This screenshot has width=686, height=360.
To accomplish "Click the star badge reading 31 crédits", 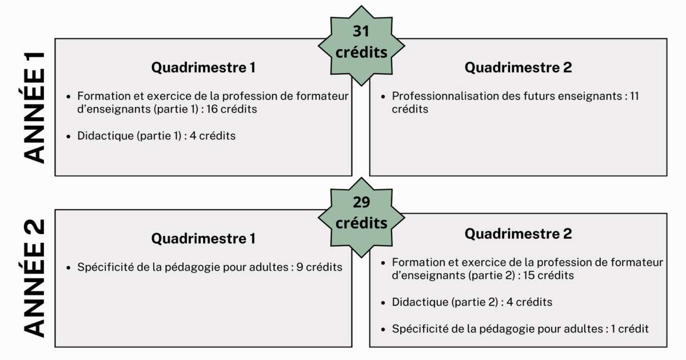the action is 361,46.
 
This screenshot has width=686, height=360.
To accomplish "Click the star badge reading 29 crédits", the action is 361,217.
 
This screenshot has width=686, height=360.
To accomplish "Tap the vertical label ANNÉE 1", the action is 34,108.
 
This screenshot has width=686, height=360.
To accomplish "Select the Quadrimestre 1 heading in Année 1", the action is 204,67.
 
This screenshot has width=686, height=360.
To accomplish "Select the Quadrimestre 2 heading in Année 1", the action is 518,67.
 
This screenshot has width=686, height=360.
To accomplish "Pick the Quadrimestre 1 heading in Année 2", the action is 204,238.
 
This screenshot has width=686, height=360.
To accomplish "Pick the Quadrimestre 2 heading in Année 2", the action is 518,234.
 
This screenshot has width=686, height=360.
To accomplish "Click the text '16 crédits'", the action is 232,109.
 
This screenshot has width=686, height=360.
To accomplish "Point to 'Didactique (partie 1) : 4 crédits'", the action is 156,136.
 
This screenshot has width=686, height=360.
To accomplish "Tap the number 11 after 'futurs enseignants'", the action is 634,96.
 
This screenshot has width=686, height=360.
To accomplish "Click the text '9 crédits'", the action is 319,267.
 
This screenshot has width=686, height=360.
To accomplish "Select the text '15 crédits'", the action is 548,275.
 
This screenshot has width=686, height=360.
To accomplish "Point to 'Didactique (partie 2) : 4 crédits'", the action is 472,302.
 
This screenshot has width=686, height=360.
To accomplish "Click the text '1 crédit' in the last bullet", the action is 629,329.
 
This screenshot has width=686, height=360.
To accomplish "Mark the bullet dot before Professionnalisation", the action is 383,97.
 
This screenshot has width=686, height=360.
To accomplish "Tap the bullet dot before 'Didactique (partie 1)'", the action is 68,137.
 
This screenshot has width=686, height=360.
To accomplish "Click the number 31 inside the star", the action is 361,31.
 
